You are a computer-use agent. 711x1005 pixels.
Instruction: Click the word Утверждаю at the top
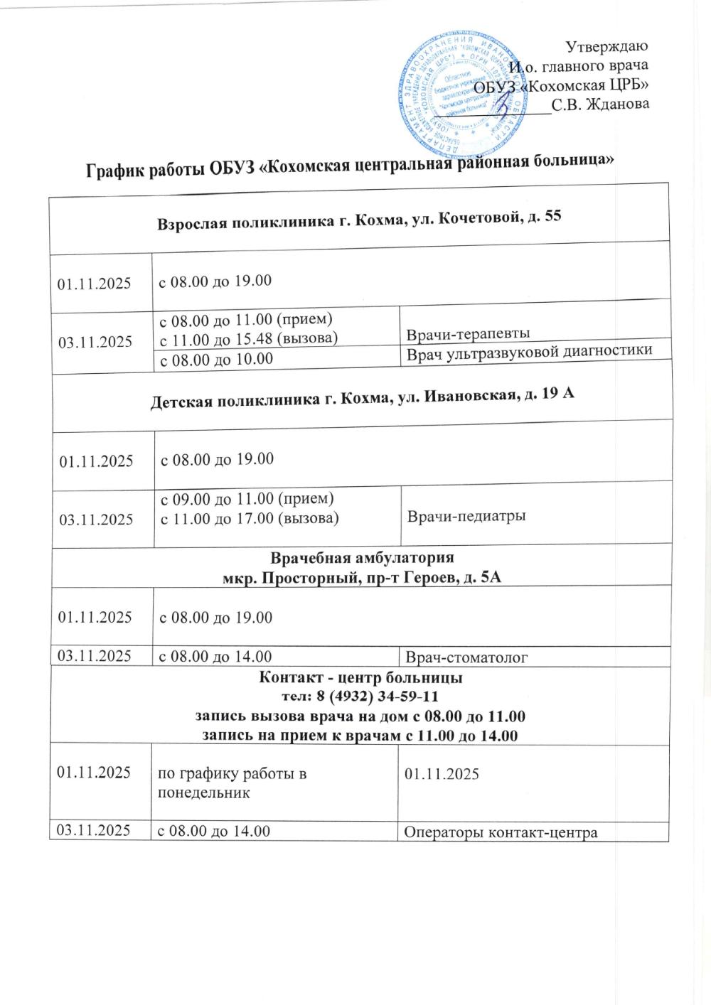coord(606,47)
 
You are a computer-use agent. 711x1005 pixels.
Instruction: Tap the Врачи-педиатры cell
coord(466,516)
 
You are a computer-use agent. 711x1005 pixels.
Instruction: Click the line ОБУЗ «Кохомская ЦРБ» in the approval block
coord(563,85)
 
